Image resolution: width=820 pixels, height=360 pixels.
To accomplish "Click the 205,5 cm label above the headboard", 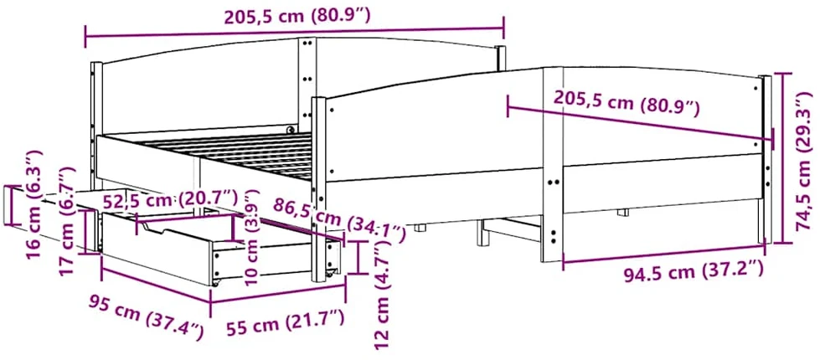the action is coord(297,18).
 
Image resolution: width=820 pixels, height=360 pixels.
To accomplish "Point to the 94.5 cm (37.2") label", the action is coord(694,272).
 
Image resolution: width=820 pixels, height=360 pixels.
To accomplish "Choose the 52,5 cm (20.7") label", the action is coord(170,200).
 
